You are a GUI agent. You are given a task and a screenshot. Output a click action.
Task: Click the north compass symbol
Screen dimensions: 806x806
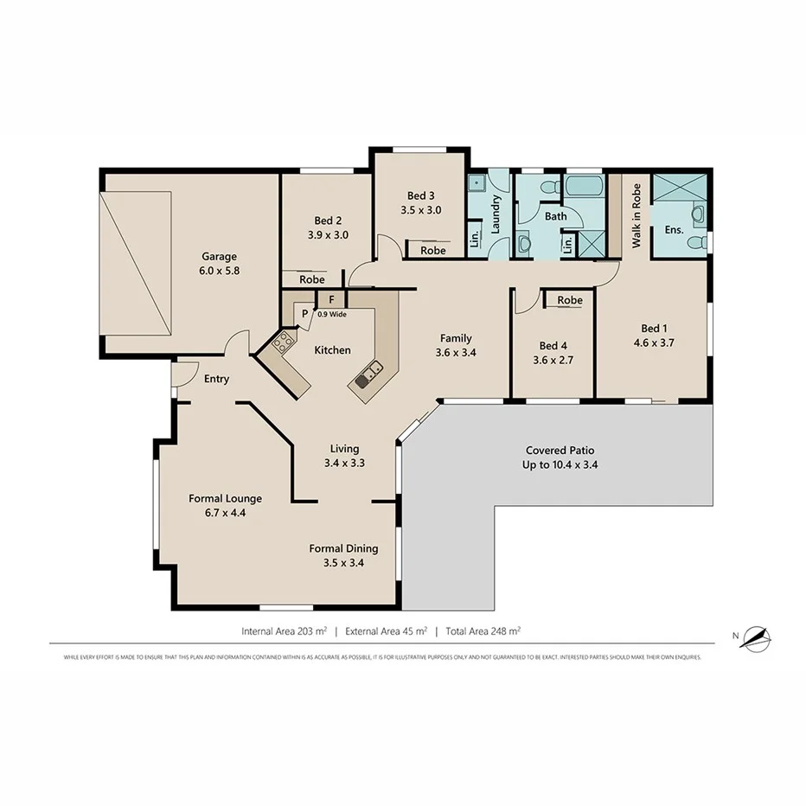(x=756, y=638)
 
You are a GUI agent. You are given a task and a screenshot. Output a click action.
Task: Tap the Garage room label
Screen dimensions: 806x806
(x=219, y=256)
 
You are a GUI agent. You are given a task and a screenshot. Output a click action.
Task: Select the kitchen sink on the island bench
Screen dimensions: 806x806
(x=369, y=374)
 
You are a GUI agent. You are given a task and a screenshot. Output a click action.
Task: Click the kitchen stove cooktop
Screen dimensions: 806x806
(x=282, y=342)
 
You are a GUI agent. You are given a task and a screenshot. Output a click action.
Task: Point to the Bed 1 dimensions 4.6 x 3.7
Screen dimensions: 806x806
(x=653, y=342)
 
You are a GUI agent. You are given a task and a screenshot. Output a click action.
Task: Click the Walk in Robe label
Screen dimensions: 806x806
(x=636, y=216)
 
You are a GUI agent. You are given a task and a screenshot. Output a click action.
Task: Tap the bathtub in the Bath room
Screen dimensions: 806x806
(x=583, y=186)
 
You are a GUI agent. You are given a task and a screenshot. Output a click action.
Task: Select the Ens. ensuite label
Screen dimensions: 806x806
(x=674, y=230)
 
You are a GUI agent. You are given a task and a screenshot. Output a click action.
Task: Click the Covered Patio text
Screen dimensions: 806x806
(x=560, y=451)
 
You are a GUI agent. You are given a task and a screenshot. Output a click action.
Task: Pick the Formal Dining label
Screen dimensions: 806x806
(x=344, y=548)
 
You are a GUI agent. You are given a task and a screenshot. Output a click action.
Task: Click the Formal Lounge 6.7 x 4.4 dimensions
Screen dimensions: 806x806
(x=226, y=513)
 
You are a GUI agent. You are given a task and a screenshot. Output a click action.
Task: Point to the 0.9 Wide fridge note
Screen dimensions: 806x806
(x=332, y=314)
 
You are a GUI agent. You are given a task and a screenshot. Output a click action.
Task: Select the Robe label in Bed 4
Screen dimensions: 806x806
(x=569, y=300)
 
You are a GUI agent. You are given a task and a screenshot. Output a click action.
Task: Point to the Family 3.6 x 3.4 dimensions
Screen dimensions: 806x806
(x=456, y=353)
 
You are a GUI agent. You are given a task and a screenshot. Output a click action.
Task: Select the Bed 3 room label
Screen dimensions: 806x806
(x=421, y=195)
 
